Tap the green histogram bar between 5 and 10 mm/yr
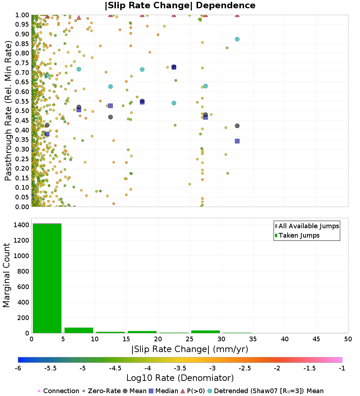(x=79, y=330)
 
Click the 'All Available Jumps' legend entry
(x=309, y=226)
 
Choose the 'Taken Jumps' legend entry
(x=299, y=235)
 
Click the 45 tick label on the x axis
(x=316, y=339)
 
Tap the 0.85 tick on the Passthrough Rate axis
(x=23, y=44)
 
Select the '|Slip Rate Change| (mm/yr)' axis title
(x=190, y=349)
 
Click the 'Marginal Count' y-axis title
(x=7, y=275)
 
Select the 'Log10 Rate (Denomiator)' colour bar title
(x=180, y=378)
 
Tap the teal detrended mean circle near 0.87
(x=237, y=39)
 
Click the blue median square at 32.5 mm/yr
(x=237, y=141)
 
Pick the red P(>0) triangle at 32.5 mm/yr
(x=237, y=15)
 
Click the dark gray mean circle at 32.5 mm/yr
(x=237, y=126)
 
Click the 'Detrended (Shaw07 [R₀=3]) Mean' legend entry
(x=268, y=391)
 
